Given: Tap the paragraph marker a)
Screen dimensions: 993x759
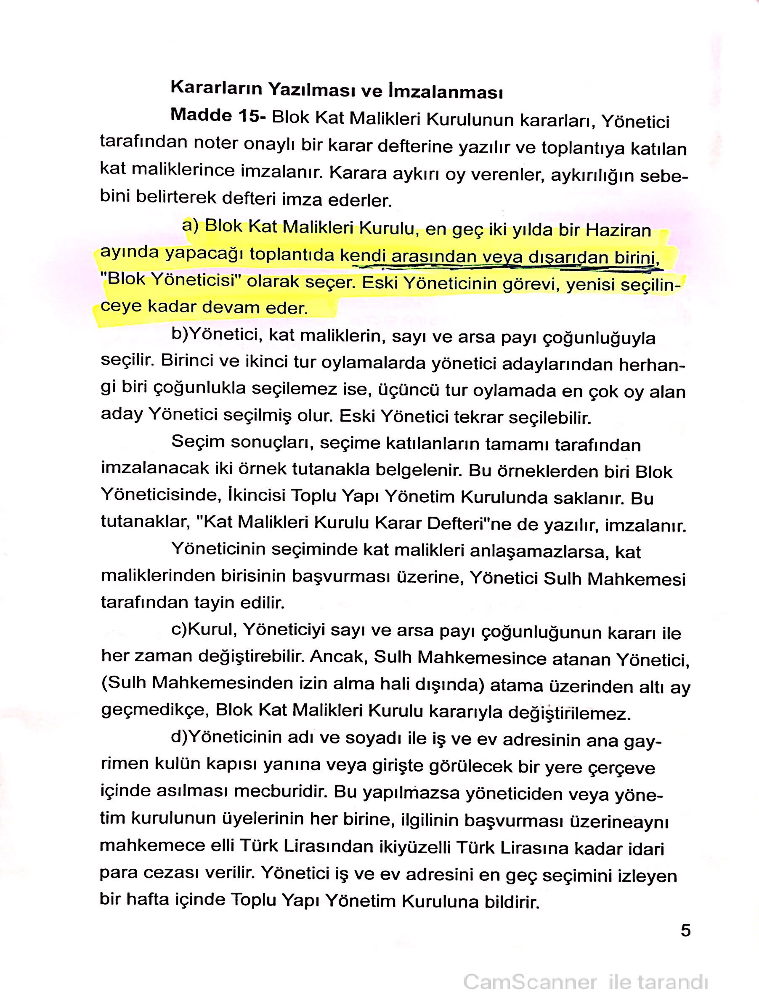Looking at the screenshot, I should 190,225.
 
